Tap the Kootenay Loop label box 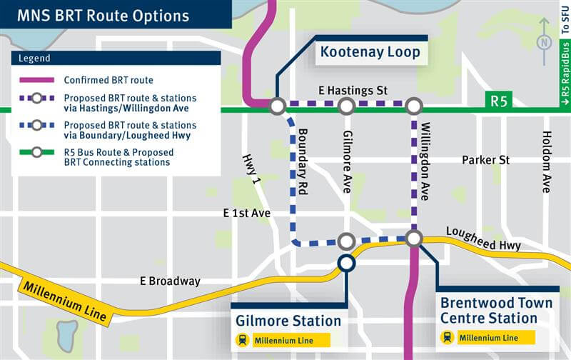click(370, 52)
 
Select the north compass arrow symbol click(545, 42)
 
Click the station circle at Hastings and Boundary click(277, 106)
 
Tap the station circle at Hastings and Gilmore click(346, 106)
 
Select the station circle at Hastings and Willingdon click(414, 106)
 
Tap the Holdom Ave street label click(547, 162)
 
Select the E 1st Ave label click(246, 212)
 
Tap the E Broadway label click(170, 281)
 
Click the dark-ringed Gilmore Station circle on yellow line click(346, 263)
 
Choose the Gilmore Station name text click(288, 321)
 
